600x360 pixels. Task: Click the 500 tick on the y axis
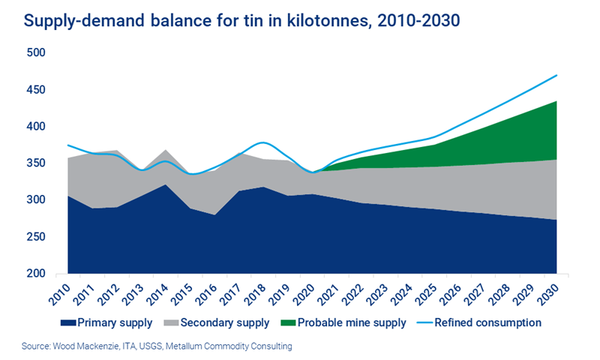[35, 53]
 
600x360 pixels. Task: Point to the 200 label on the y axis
[35, 274]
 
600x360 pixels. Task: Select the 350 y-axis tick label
[35, 163]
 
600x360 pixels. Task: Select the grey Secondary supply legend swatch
[166, 322]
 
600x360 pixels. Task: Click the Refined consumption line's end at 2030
[556, 75]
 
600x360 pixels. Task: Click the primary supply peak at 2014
[166, 184]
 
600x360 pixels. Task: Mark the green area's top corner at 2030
[556, 101]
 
